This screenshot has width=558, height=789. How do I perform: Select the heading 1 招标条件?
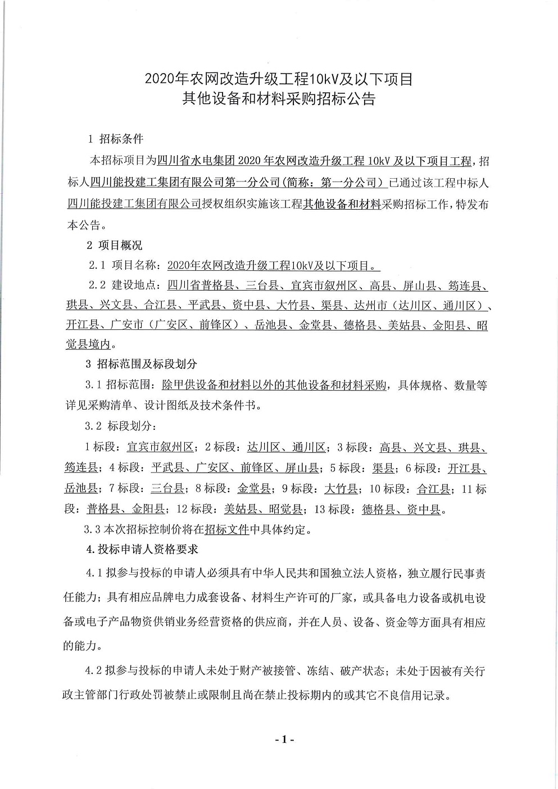[116, 139]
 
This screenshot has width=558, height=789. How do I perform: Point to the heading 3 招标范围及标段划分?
[141, 364]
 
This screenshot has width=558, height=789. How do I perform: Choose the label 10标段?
[388, 488]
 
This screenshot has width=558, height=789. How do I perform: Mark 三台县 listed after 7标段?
[167, 488]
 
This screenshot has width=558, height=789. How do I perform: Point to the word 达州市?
[371, 306]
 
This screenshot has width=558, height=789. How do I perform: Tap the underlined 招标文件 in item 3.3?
[226, 529]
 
